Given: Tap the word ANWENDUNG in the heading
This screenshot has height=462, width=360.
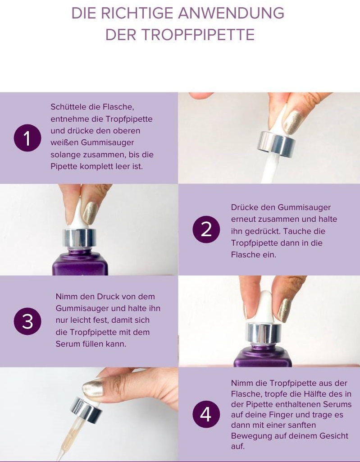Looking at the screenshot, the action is click(x=231, y=13).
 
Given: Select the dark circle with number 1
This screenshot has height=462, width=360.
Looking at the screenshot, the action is click(x=27, y=138).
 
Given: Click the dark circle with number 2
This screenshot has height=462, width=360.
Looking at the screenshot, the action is click(x=206, y=229).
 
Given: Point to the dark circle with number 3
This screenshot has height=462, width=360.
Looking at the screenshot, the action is click(x=27, y=321).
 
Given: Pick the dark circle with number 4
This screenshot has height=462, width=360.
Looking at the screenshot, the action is click(x=206, y=414).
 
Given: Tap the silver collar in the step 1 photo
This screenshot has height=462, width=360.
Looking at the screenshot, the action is click(x=276, y=144).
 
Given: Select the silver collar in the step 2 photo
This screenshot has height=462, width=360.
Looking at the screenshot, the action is click(x=80, y=238).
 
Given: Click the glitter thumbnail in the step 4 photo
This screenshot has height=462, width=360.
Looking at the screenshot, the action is click(x=92, y=389).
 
